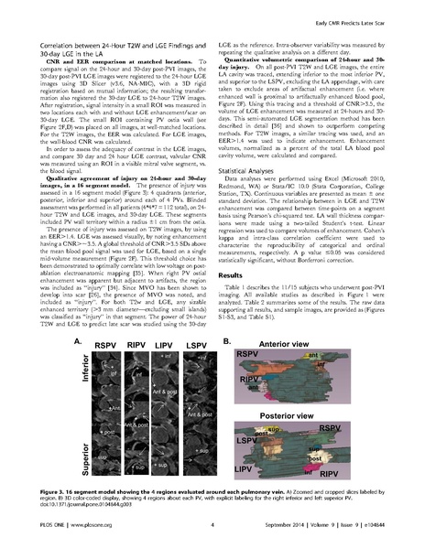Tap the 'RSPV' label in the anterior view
coord(248,353)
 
